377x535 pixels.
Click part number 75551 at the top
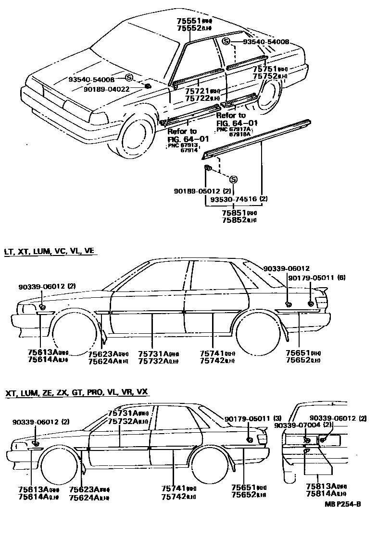click(188, 21)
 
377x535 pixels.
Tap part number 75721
click(197, 91)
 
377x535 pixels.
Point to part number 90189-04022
click(106, 89)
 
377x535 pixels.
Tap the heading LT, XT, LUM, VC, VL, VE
click(50, 251)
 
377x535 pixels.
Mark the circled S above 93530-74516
click(233, 179)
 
